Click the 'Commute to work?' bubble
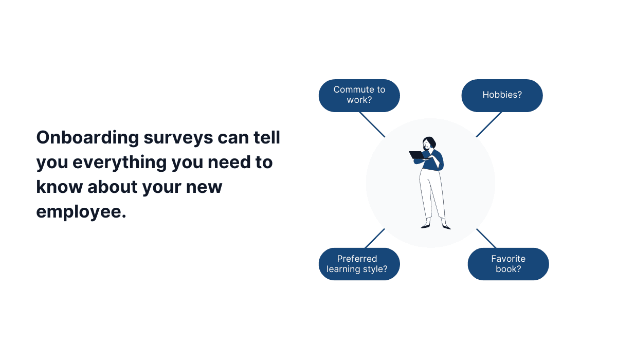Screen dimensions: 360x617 (x=359, y=95)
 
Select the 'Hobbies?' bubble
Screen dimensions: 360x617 (x=502, y=95)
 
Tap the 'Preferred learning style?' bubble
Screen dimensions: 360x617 (x=359, y=264)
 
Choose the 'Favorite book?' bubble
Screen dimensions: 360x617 (x=508, y=264)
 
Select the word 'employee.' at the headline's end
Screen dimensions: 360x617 (x=81, y=210)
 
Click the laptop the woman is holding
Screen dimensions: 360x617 (x=416, y=155)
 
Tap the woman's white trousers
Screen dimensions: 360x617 (x=431, y=193)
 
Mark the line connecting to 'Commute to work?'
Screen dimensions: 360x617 (x=372, y=124)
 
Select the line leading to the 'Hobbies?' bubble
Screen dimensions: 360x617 (x=489, y=124)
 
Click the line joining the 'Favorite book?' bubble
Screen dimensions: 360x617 (x=486, y=238)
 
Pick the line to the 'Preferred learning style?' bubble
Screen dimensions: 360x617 (x=375, y=238)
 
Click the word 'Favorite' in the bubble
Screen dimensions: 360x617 (x=508, y=259)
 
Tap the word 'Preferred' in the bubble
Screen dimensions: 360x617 (x=357, y=259)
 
